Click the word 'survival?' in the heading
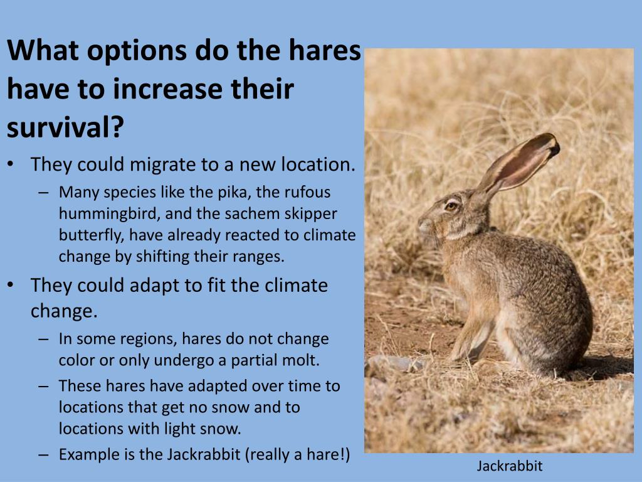(x=66, y=127)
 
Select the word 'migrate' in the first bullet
(x=164, y=164)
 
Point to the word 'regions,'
(x=149, y=339)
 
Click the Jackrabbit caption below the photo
(x=509, y=466)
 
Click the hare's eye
(x=451, y=206)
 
